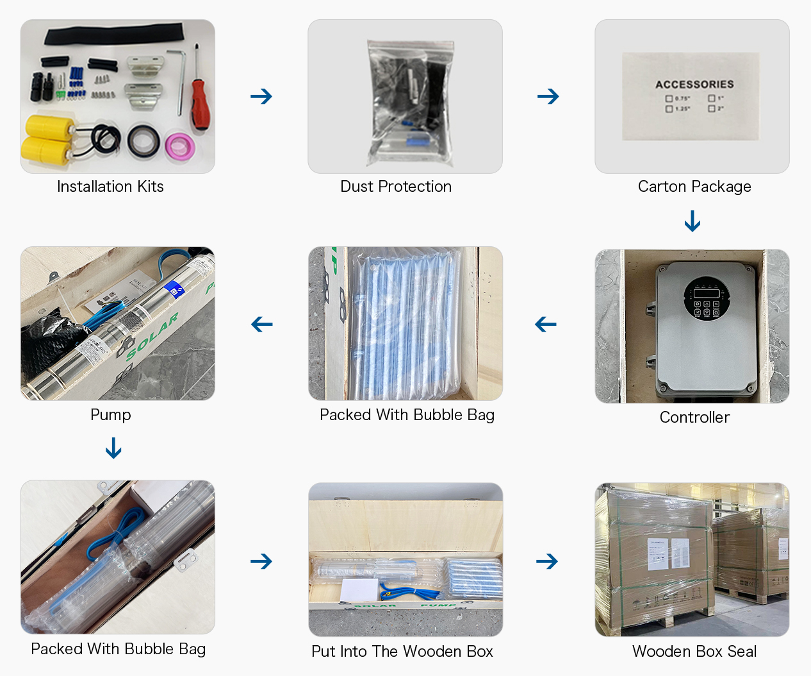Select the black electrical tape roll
143,141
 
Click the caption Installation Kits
110,187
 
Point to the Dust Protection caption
396,187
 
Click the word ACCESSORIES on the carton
694,84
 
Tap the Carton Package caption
694,187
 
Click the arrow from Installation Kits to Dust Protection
261,97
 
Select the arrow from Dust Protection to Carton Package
548,97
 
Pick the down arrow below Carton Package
692,221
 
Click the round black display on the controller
706,298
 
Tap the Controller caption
694,418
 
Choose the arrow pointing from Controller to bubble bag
546,325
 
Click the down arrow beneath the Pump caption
113,448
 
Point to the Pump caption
110,415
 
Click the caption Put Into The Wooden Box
402,652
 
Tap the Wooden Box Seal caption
694,652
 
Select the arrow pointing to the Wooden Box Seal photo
547,562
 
